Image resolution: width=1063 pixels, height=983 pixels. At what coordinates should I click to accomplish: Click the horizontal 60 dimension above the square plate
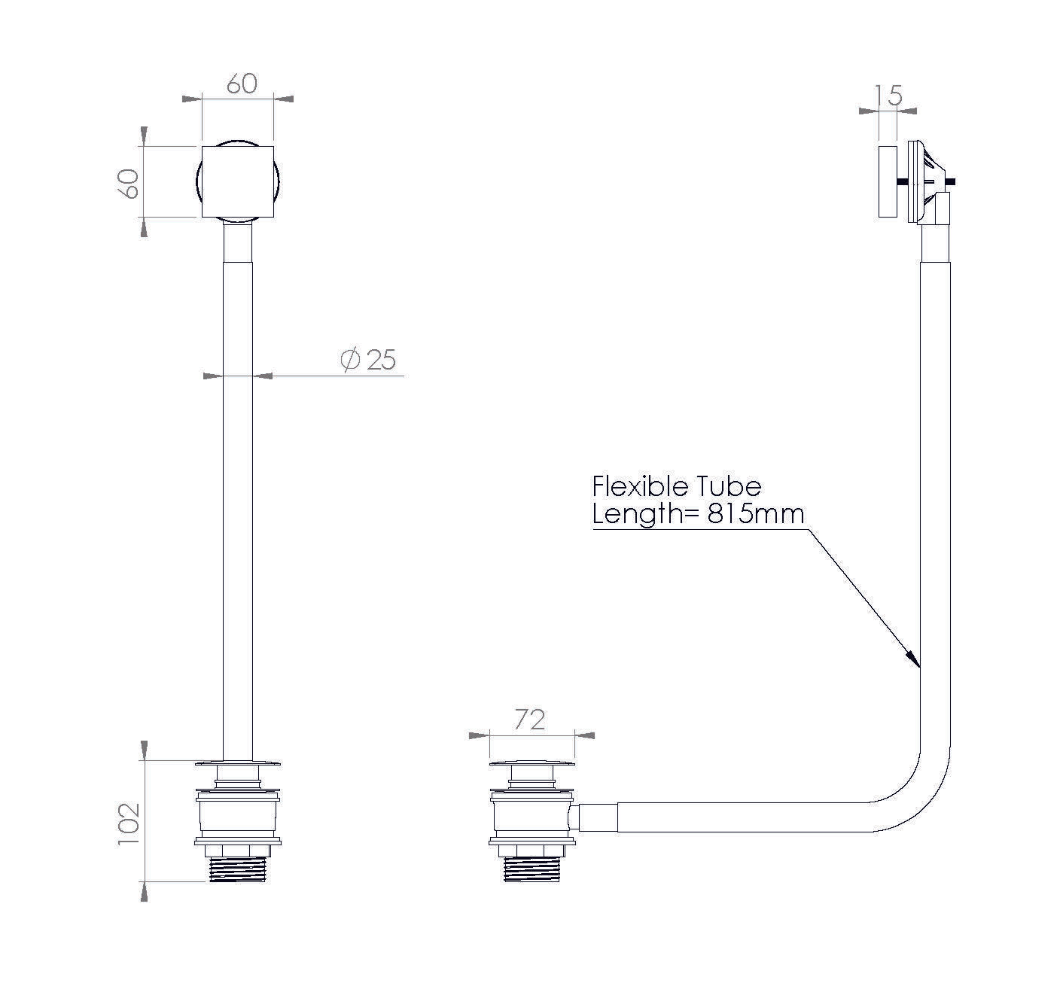242,84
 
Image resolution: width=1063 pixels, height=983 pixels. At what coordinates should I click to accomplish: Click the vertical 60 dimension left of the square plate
130,182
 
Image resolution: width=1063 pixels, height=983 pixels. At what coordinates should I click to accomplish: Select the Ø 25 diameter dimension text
370,360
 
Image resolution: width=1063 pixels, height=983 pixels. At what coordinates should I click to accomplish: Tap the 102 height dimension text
130,826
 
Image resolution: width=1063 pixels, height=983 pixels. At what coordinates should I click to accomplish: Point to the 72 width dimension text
529,720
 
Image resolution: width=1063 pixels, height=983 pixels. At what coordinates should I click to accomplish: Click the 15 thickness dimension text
888,96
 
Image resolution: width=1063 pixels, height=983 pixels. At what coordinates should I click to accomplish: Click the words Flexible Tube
677,486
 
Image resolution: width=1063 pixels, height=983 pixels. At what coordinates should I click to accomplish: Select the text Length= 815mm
698,514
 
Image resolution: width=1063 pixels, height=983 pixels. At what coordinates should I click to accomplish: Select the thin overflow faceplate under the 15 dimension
887,181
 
